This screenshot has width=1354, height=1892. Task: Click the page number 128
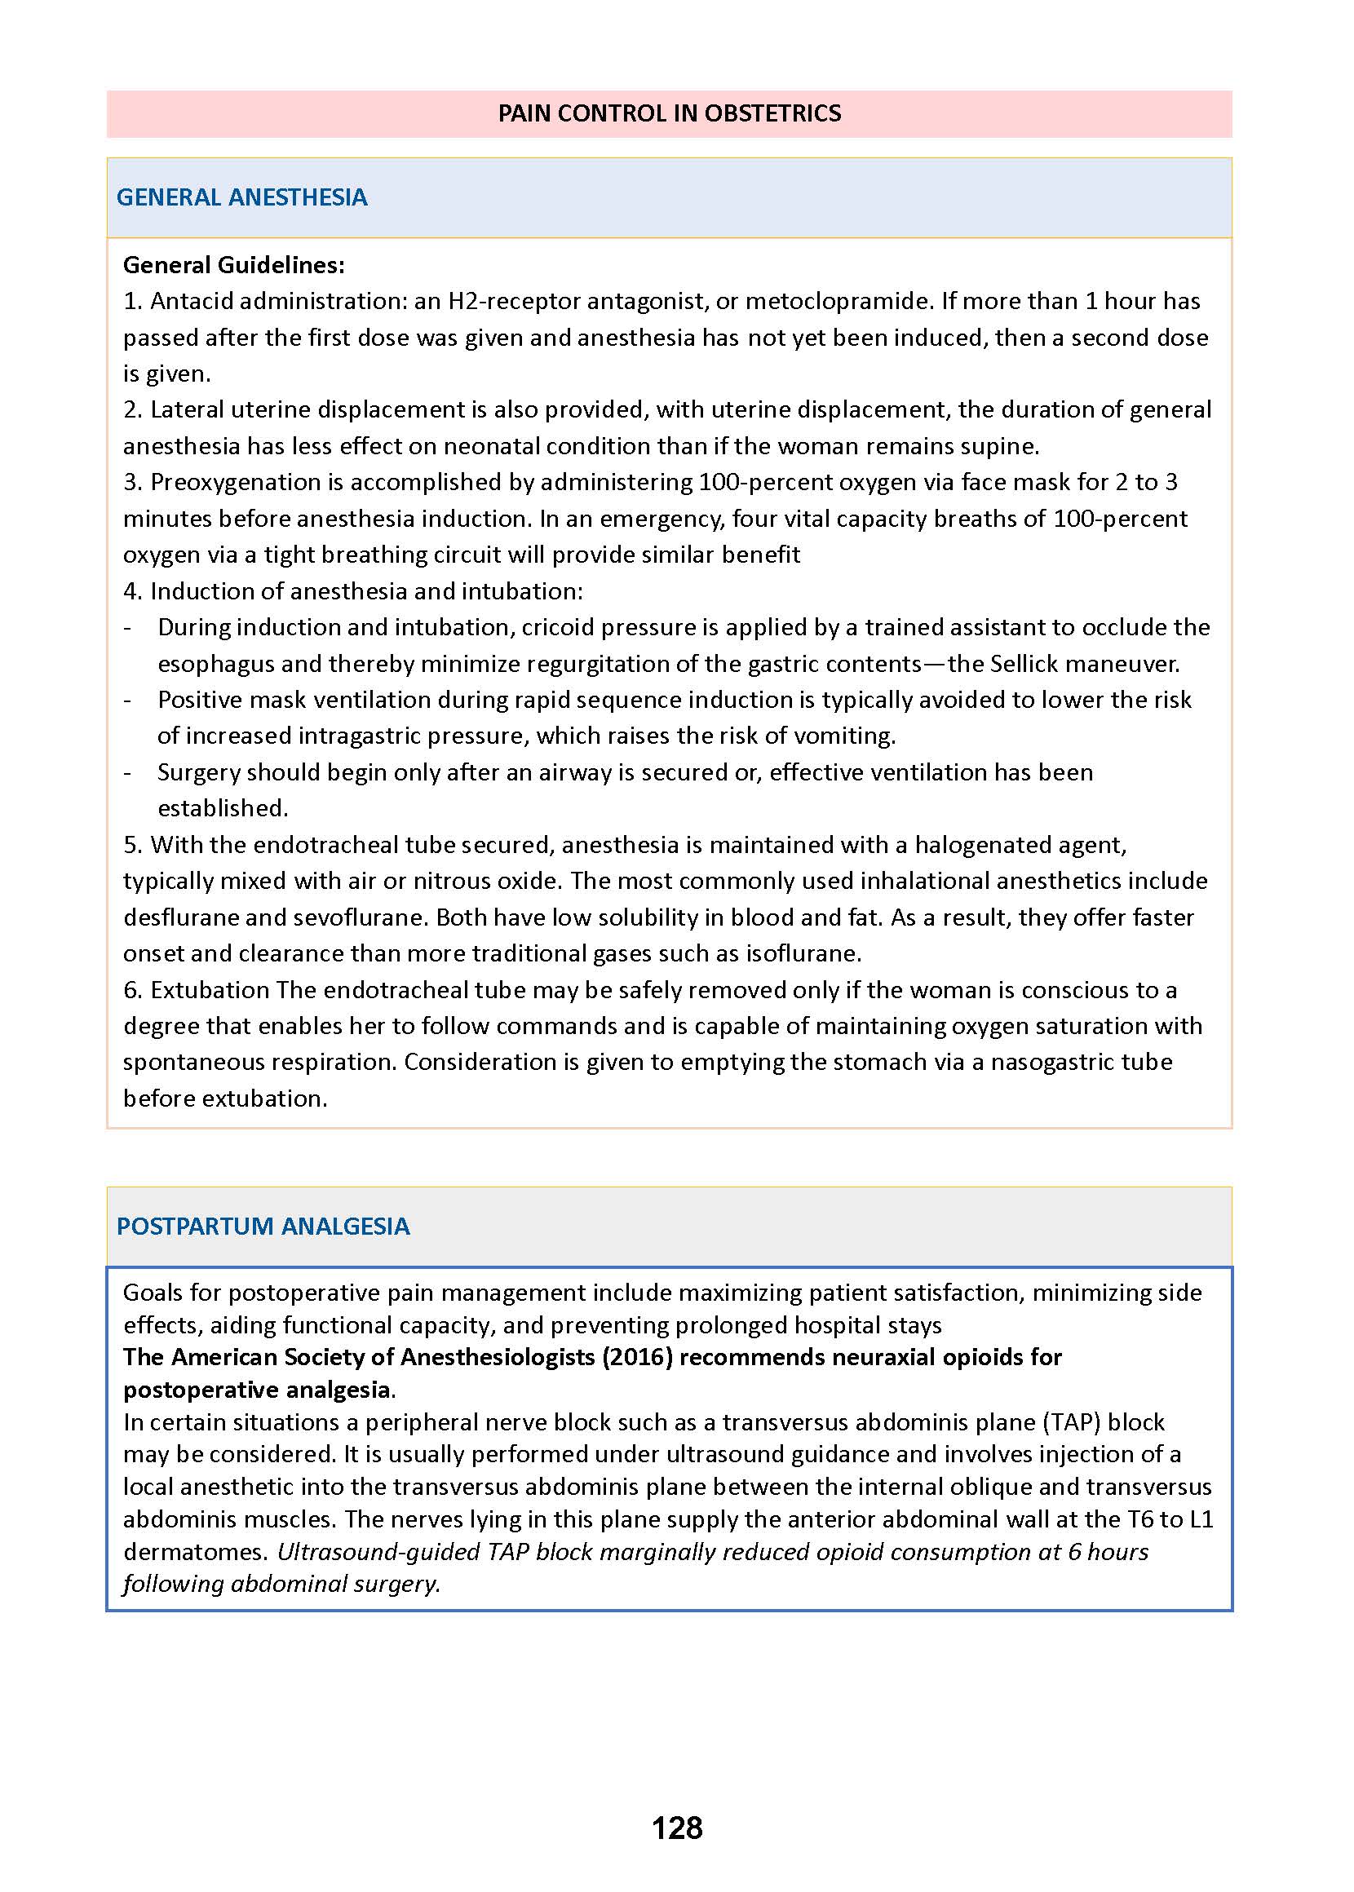tap(677, 1828)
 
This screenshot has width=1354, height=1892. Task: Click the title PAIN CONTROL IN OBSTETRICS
tap(670, 113)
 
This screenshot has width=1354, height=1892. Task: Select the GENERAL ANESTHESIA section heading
tap(241, 197)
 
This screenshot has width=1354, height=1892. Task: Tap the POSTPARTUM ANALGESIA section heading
tap(263, 1226)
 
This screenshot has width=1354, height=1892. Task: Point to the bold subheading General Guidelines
tap(233, 265)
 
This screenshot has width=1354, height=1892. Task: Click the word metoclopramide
tap(837, 301)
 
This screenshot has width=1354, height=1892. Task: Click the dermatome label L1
tap(1201, 1519)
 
